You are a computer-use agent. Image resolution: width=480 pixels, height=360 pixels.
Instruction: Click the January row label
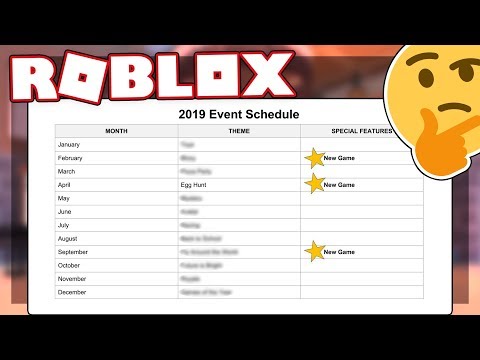click(71, 144)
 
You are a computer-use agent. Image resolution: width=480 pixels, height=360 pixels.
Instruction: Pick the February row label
click(73, 157)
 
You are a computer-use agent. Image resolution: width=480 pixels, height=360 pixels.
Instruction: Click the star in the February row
click(315, 158)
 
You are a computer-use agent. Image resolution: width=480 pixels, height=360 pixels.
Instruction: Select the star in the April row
click(315, 184)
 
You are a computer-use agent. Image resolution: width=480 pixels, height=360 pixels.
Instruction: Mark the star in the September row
click(315, 252)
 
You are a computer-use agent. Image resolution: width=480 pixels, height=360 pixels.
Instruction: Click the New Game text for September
click(340, 253)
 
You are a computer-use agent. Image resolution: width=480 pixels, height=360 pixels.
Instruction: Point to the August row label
click(69, 239)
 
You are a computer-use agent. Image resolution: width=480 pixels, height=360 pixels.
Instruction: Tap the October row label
click(71, 266)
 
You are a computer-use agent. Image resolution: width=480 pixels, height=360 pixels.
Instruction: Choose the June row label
click(66, 212)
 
